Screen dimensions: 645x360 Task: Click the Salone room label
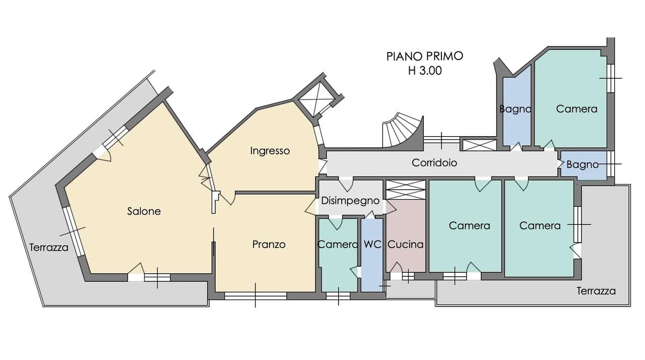click(x=144, y=211)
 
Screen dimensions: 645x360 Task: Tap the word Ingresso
click(x=270, y=151)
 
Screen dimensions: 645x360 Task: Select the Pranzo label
click(x=269, y=245)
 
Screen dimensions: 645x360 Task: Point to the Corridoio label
click(x=434, y=163)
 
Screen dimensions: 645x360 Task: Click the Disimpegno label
click(x=350, y=201)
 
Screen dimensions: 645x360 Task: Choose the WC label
click(x=372, y=245)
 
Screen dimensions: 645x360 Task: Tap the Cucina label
click(x=406, y=245)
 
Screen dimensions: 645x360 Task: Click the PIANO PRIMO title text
click(x=424, y=56)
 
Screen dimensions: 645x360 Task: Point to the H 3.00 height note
click(x=425, y=71)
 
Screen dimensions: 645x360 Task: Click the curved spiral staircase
click(x=403, y=131)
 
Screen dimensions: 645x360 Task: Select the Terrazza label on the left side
click(x=49, y=248)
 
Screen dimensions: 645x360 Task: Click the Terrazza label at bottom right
click(x=596, y=291)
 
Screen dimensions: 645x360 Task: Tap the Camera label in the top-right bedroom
click(x=576, y=109)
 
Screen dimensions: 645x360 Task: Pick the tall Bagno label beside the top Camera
click(x=515, y=109)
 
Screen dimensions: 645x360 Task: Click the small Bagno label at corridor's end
click(x=583, y=164)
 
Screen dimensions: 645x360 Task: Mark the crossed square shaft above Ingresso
click(x=317, y=99)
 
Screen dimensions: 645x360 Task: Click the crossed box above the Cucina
click(x=406, y=190)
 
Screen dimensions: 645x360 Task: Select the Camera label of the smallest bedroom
click(x=338, y=245)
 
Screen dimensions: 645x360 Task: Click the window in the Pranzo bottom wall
click(x=255, y=296)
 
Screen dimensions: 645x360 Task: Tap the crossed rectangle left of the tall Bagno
click(x=479, y=145)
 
